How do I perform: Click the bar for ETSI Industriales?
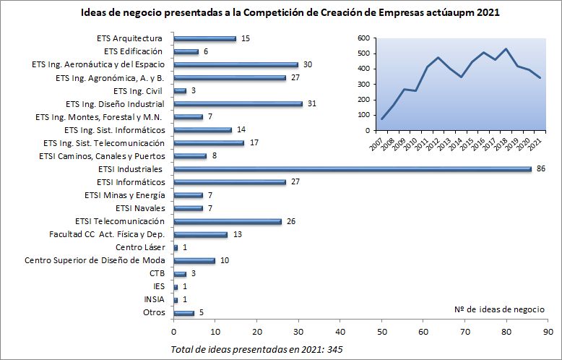coord(353,169)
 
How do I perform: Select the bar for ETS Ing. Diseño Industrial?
coord(238,104)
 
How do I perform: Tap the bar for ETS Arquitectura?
coord(204,39)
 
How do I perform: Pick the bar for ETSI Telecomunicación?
coord(228,221)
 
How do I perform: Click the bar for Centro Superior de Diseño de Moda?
coord(194,260)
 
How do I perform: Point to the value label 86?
coord(541,169)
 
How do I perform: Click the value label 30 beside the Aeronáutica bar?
coord(307,65)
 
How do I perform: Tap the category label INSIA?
coord(155,299)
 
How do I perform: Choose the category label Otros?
coord(154,312)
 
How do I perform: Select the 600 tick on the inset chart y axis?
coord(363,38)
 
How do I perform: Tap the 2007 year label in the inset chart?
coord(376,145)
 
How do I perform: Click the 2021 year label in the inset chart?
coord(535,145)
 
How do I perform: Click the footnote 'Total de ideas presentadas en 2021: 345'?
coord(256,349)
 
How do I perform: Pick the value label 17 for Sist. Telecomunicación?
coord(254,143)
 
